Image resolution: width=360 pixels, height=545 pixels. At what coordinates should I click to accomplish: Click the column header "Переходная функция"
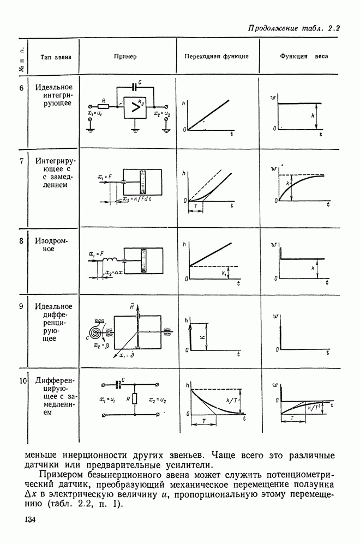click(x=217, y=56)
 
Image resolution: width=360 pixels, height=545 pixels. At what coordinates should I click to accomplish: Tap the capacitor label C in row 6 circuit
click(x=140, y=82)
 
